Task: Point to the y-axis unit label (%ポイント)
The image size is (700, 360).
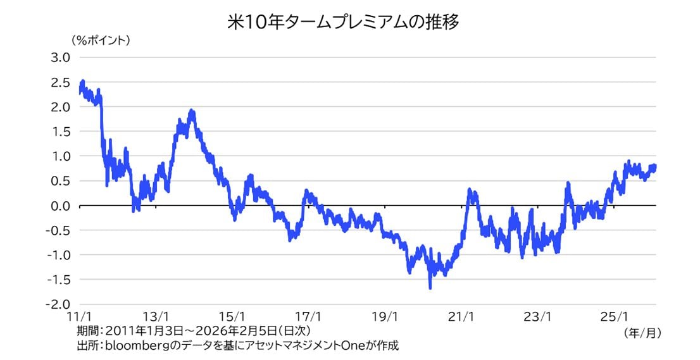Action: pos(101,40)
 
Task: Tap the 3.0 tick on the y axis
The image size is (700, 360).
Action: pos(61,58)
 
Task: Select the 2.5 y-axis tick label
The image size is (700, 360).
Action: pos(61,82)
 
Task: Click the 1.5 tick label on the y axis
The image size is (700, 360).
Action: pos(61,132)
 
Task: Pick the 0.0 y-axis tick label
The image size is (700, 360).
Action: pos(61,206)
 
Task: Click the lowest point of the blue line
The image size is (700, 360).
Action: pos(430,288)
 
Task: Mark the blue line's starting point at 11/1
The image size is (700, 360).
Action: pos(80,92)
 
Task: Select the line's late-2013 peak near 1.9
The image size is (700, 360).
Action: pos(192,111)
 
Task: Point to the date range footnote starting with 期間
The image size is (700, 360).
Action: pos(194,331)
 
